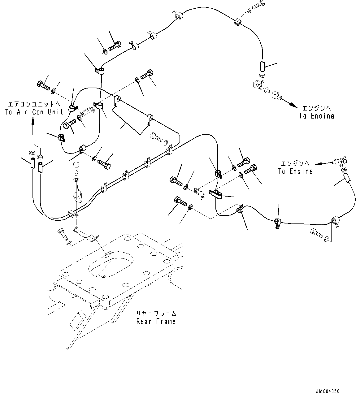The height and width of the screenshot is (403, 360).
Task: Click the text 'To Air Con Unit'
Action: coord(34,112)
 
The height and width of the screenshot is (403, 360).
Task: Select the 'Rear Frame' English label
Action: coord(156,321)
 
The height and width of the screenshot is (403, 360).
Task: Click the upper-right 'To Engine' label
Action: coord(317,116)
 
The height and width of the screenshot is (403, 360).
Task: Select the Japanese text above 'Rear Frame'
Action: coord(156,313)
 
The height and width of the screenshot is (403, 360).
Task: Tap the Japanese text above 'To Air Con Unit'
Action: coord(34,104)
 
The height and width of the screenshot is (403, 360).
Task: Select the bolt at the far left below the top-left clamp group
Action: coord(43,84)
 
